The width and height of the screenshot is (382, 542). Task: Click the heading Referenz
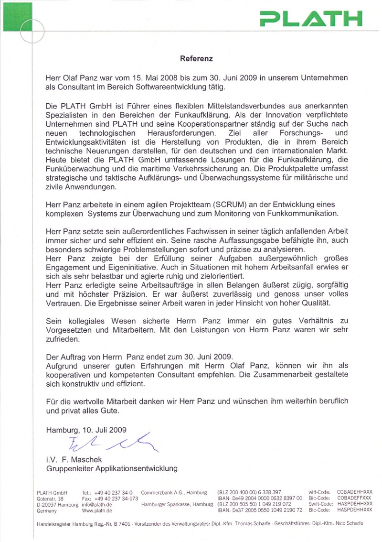[x=196, y=59]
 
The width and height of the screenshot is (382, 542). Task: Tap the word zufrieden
[x=62, y=339]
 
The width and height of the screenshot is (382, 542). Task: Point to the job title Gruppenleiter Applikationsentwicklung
[x=112, y=469]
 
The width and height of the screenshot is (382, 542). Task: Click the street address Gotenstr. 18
[x=50, y=498]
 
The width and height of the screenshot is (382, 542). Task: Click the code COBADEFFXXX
[x=354, y=498]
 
